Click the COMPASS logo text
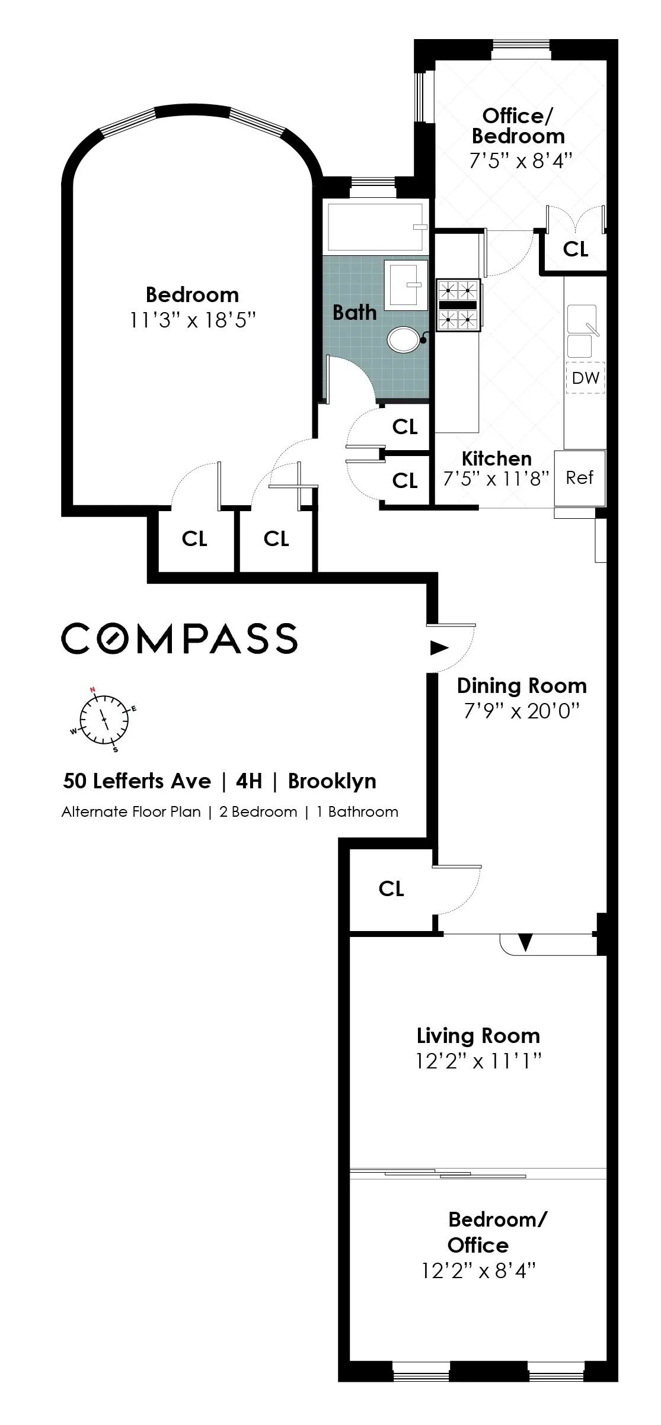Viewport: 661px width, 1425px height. point(179,638)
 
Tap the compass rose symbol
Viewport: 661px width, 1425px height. point(104,719)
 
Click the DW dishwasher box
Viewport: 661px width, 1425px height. point(585,378)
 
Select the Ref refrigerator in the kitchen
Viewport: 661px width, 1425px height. point(579,478)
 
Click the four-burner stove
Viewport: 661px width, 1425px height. point(458,305)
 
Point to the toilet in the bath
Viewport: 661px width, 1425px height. point(404,339)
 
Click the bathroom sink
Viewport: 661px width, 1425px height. point(405,285)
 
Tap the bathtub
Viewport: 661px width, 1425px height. point(375,227)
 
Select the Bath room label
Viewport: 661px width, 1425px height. point(355,313)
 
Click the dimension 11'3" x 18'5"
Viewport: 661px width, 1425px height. point(193,320)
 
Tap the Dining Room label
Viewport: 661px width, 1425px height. point(522,686)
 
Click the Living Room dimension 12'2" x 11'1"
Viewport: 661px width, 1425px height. point(478,1061)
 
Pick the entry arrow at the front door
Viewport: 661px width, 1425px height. point(439,648)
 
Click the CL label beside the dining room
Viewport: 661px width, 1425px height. point(391,888)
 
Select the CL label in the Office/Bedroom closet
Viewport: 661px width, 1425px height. point(576,249)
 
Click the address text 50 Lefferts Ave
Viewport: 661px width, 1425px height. point(137,781)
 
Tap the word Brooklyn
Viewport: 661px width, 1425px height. point(332,781)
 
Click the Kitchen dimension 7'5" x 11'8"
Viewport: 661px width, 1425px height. point(496,479)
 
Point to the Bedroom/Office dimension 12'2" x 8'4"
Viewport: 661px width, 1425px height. point(478,1270)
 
